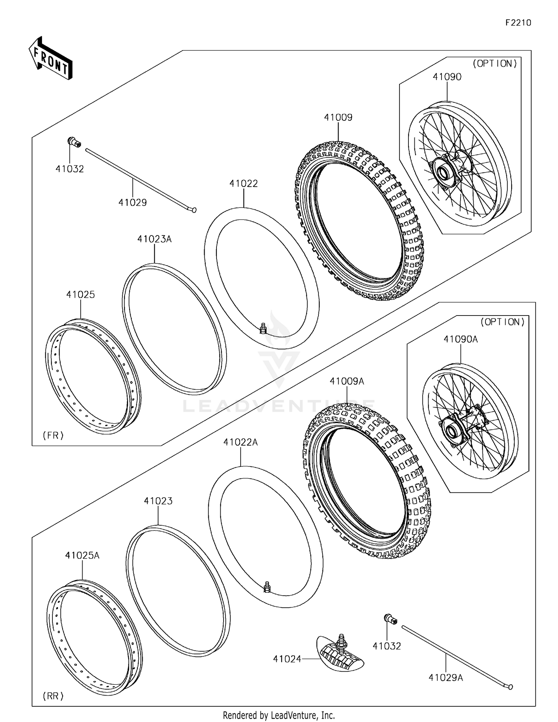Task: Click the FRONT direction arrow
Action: tap(50, 59)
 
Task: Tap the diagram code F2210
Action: tap(518, 23)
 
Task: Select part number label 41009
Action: tap(338, 117)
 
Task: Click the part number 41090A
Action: tap(460, 339)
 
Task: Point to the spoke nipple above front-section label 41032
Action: tap(74, 142)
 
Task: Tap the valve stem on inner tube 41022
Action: tap(263, 328)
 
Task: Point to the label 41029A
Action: tap(445, 678)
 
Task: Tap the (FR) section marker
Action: tap(53, 435)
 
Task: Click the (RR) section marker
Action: tap(53, 696)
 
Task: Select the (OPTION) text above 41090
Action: tap(494, 64)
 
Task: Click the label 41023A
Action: tap(154, 239)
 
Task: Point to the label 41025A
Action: tap(82, 555)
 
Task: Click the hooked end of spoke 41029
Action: tap(193, 210)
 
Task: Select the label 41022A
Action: tap(240, 442)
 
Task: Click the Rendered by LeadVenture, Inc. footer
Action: tap(279, 715)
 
